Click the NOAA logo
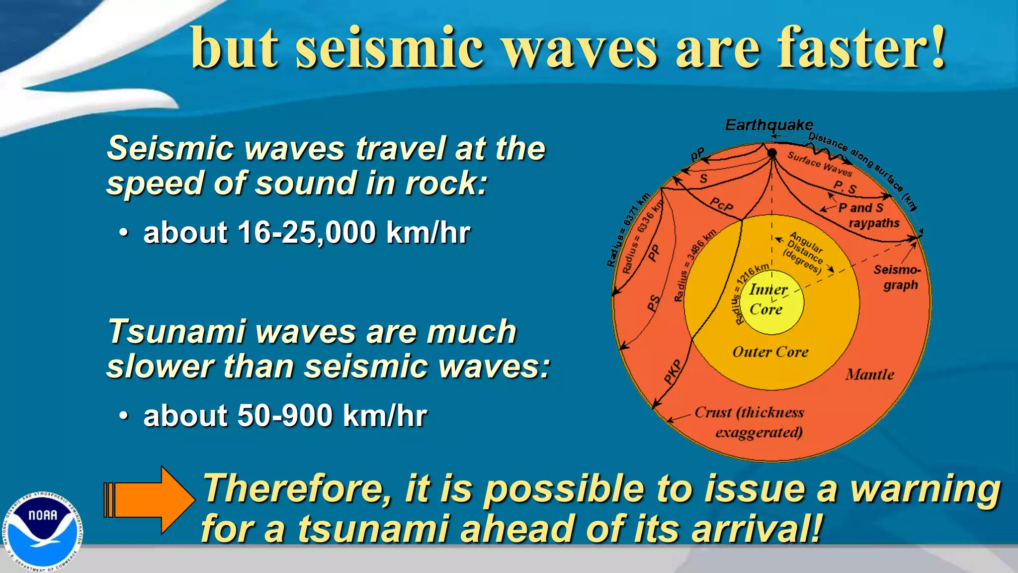click(43, 531)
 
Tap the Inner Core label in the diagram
click(767, 299)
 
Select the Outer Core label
click(770, 352)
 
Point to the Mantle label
click(870, 375)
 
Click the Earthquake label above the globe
click(769, 125)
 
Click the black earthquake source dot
click(772, 153)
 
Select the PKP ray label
click(674, 371)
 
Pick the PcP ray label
click(721, 204)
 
